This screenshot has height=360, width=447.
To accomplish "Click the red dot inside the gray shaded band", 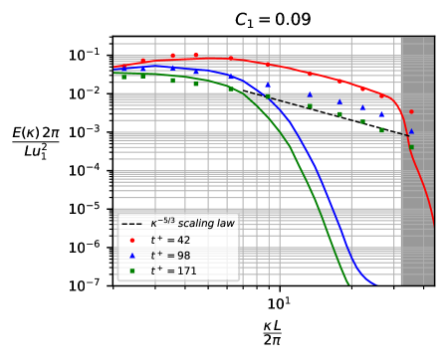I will [411, 111].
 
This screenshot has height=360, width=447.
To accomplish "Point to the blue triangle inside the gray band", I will [411, 131].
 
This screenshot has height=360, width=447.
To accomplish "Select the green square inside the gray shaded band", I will [411, 147].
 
